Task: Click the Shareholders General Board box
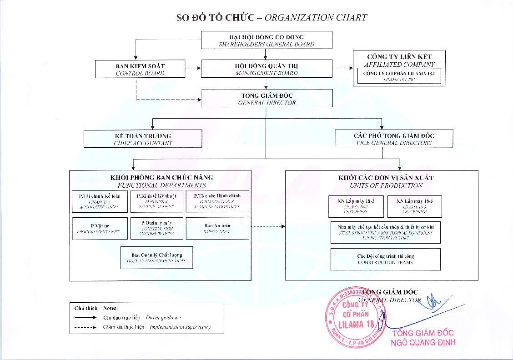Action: coord(267,40)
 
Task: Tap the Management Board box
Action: coord(267,69)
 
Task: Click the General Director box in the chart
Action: coord(267,98)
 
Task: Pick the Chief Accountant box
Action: coord(143,139)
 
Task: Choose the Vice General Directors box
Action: coord(394,139)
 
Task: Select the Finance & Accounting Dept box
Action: coord(100,201)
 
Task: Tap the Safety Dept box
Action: coord(217,228)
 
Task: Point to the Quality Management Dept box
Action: coord(157,258)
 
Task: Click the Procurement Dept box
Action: coord(100,228)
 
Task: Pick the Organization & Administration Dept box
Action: coord(217,201)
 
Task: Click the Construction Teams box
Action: coord(385,259)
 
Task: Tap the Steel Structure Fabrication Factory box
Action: coord(385,232)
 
